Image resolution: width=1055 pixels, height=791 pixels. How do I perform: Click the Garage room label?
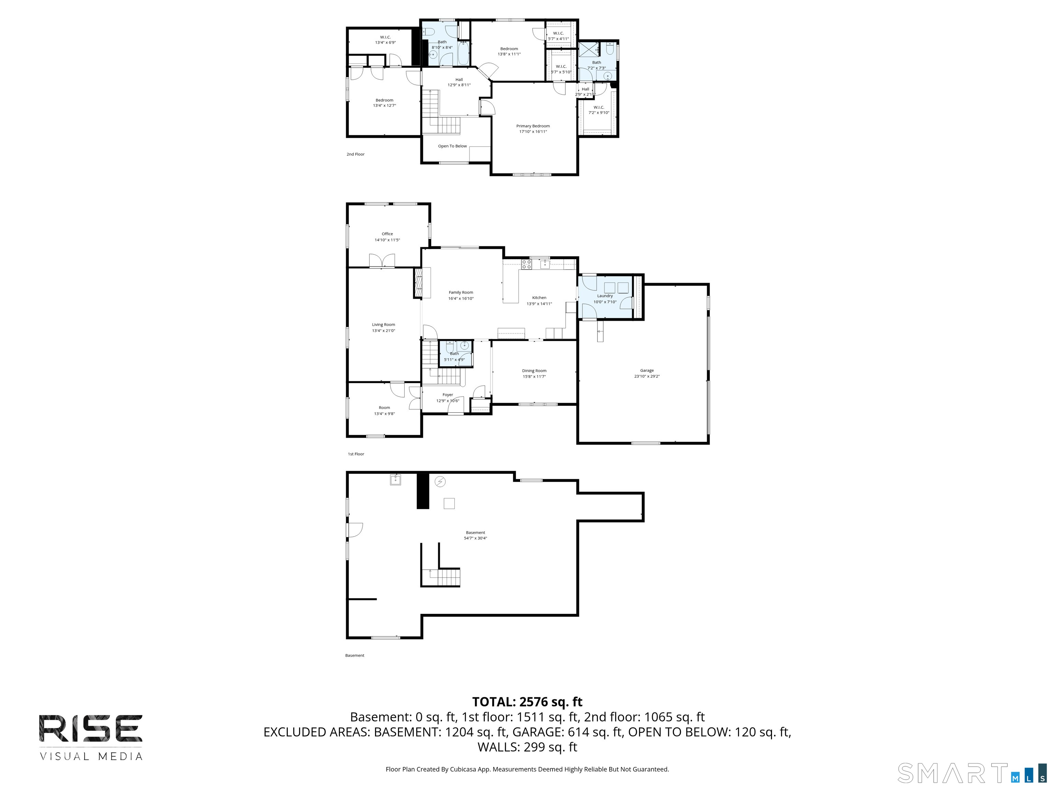pyautogui.click(x=647, y=370)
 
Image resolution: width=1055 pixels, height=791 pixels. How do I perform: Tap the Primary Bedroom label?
pyautogui.click(x=533, y=126)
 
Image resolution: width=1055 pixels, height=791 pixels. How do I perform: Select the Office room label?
pyautogui.click(x=387, y=234)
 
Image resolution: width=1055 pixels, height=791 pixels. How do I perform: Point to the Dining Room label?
pyautogui.click(x=534, y=370)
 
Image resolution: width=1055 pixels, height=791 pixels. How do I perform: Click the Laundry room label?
pyautogui.click(x=605, y=296)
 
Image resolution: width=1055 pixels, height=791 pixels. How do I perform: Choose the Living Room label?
pyautogui.click(x=384, y=325)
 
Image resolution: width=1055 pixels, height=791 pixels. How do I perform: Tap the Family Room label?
pyautogui.click(x=461, y=292)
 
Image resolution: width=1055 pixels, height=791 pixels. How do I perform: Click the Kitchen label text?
pyautogui.click(x=539, y=298)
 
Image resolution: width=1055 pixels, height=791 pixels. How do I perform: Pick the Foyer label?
pyautogui.click(x=447, y=395)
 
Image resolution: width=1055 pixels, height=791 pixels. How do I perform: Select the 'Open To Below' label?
pyautogui.click(x=452, y=146)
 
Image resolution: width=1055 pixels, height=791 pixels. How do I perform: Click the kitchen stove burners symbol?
pyautogui.click(x=526, y=264)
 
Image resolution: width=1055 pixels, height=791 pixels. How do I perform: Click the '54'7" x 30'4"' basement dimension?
pyautogui.click(x=476, y=538)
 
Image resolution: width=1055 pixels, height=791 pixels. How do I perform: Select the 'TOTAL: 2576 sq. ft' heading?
pyautogui.click(x=527, y=702)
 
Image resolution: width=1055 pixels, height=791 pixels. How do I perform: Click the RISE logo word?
pyautogui.click(x=91, y=728)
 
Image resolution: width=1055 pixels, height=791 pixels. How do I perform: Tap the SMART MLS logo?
pyautogui.click(x=972, y=773)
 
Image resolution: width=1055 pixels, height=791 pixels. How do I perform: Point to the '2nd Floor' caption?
pyautogui.click(x=355, y=154)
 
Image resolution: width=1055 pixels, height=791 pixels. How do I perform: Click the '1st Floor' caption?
pyautogui.click(x=356, y=454)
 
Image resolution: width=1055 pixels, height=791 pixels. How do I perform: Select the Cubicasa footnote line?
pyautogui.click(x=527, y=769)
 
